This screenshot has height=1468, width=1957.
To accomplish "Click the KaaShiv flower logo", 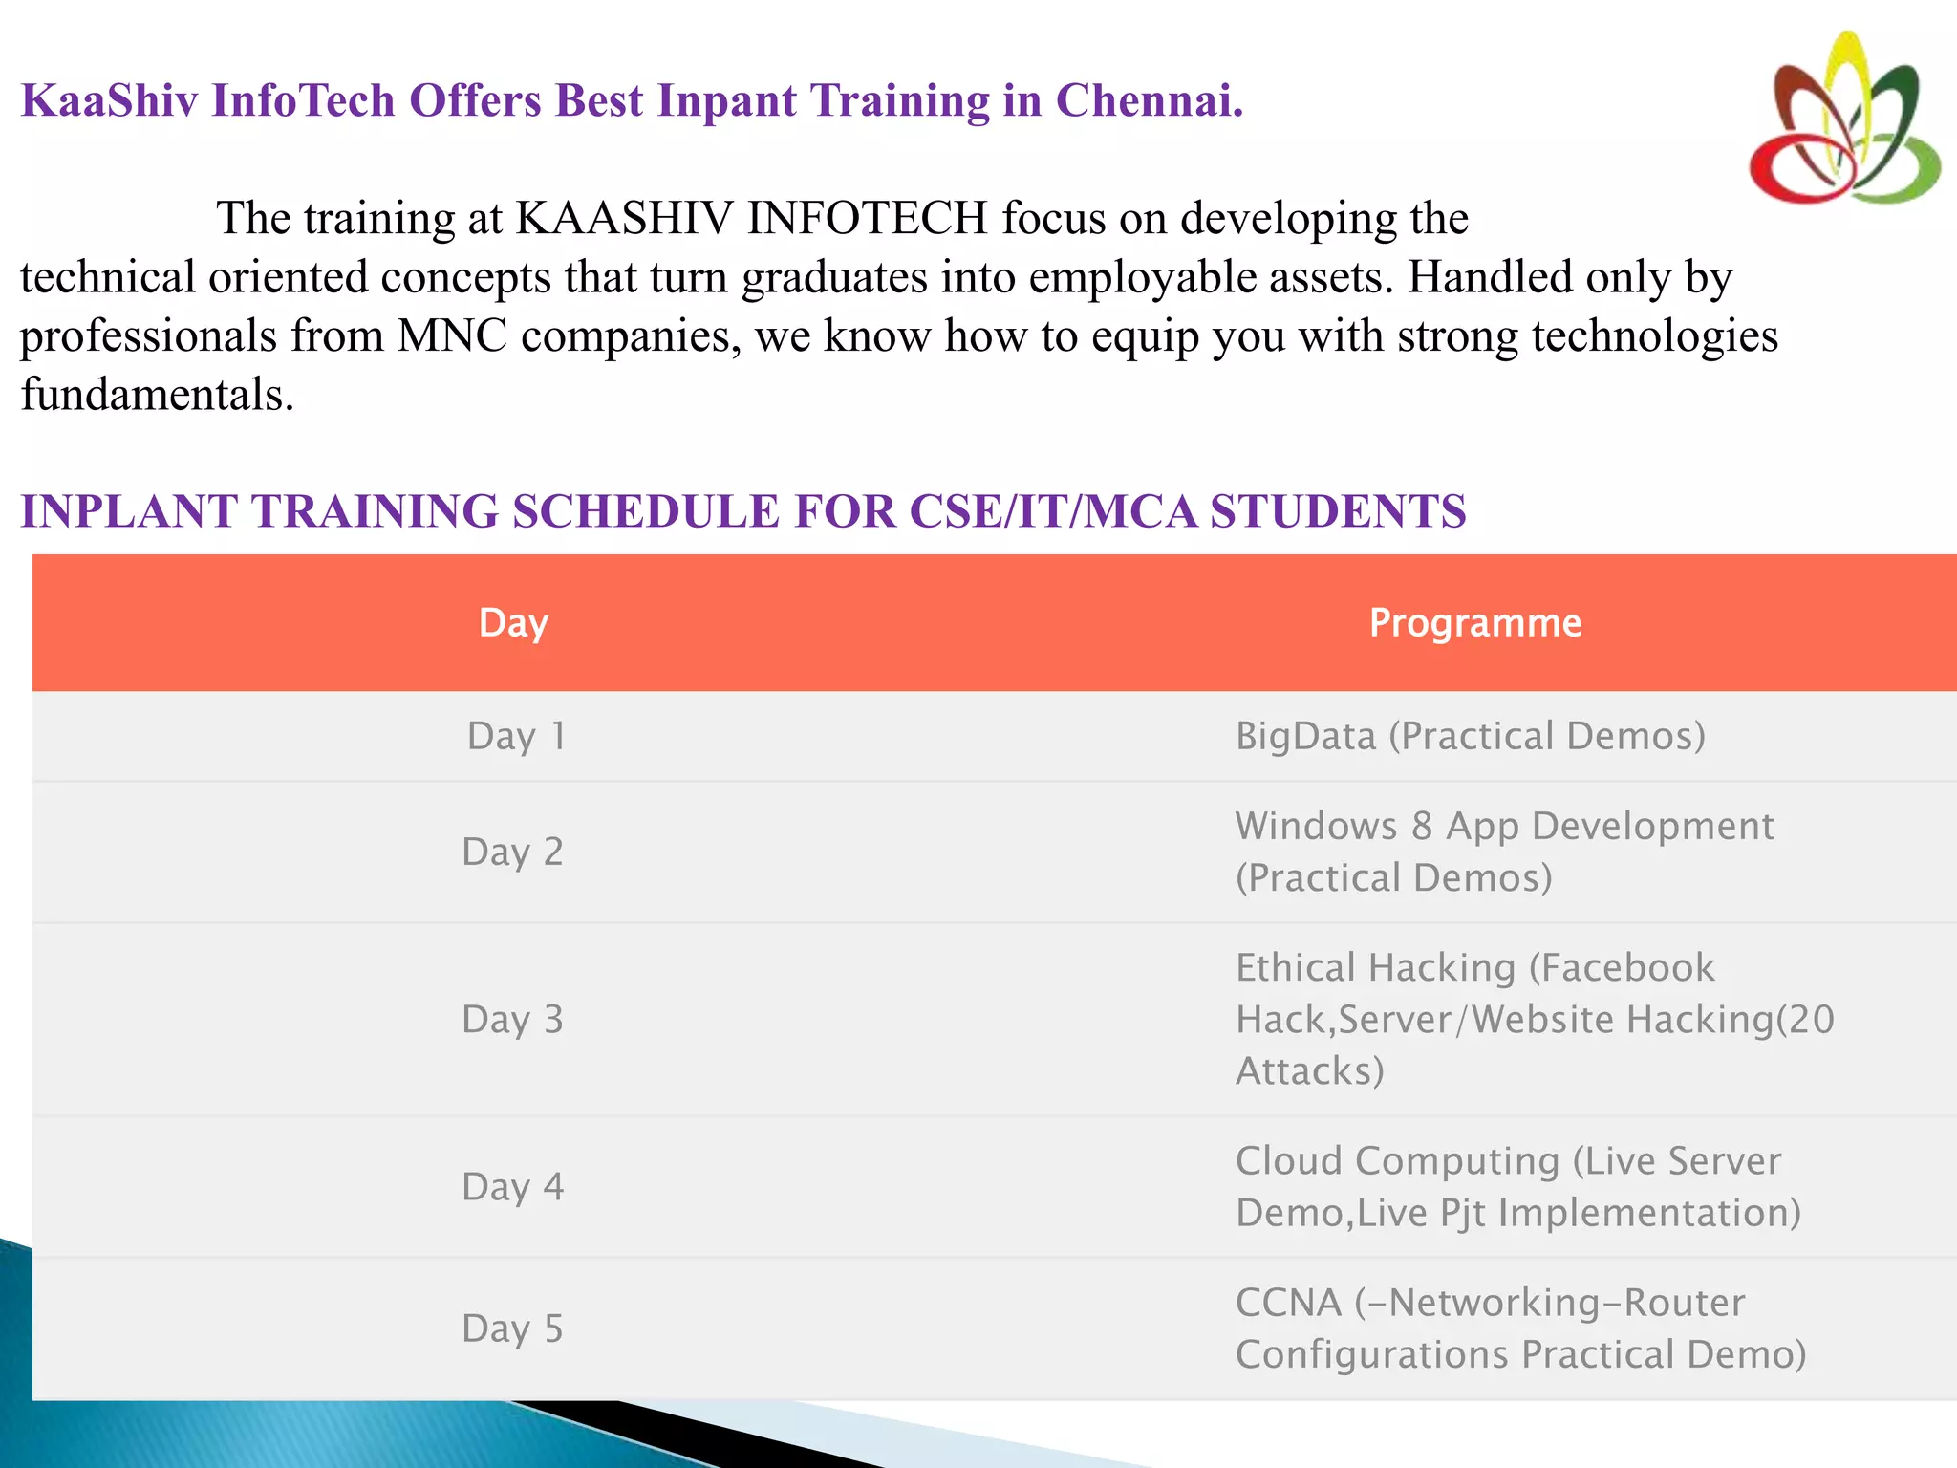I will [1844, 119].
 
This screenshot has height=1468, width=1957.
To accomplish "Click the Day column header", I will [513, 623].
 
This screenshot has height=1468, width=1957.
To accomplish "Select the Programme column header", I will [1475, 623].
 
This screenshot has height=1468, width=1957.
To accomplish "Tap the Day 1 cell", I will [516, 736].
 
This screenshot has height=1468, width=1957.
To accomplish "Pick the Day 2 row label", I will [512, 852].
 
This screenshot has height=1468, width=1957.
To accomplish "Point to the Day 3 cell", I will [512, 1020].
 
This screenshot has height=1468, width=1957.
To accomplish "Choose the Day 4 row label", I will [512, 1187].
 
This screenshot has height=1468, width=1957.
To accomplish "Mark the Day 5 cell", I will [512, 1328].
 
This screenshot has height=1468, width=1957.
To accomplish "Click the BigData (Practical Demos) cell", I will [1470, 736].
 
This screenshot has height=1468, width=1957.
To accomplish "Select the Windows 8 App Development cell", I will [1504, 852].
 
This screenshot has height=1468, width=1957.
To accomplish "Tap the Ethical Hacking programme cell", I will [1534, 1020].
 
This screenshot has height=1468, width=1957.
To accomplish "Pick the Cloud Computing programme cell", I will [1517, 1187].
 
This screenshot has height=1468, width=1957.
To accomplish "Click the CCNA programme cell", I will [1519, 1328].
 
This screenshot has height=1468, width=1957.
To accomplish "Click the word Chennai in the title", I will [1149, 100].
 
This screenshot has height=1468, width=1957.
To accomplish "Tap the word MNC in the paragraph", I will [452, 336].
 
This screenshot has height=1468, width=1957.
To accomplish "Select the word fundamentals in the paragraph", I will [157, 395].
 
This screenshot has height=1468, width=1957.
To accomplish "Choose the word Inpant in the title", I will [727, 100].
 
